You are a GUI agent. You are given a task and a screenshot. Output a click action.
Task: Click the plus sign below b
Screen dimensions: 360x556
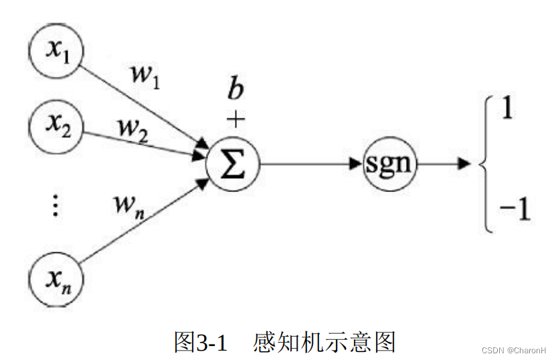[x=235, y=119]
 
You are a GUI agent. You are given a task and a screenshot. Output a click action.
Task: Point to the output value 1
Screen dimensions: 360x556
[x=507, y=108]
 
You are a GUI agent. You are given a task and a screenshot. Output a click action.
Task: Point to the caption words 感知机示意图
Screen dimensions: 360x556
[x=325, y=342]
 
